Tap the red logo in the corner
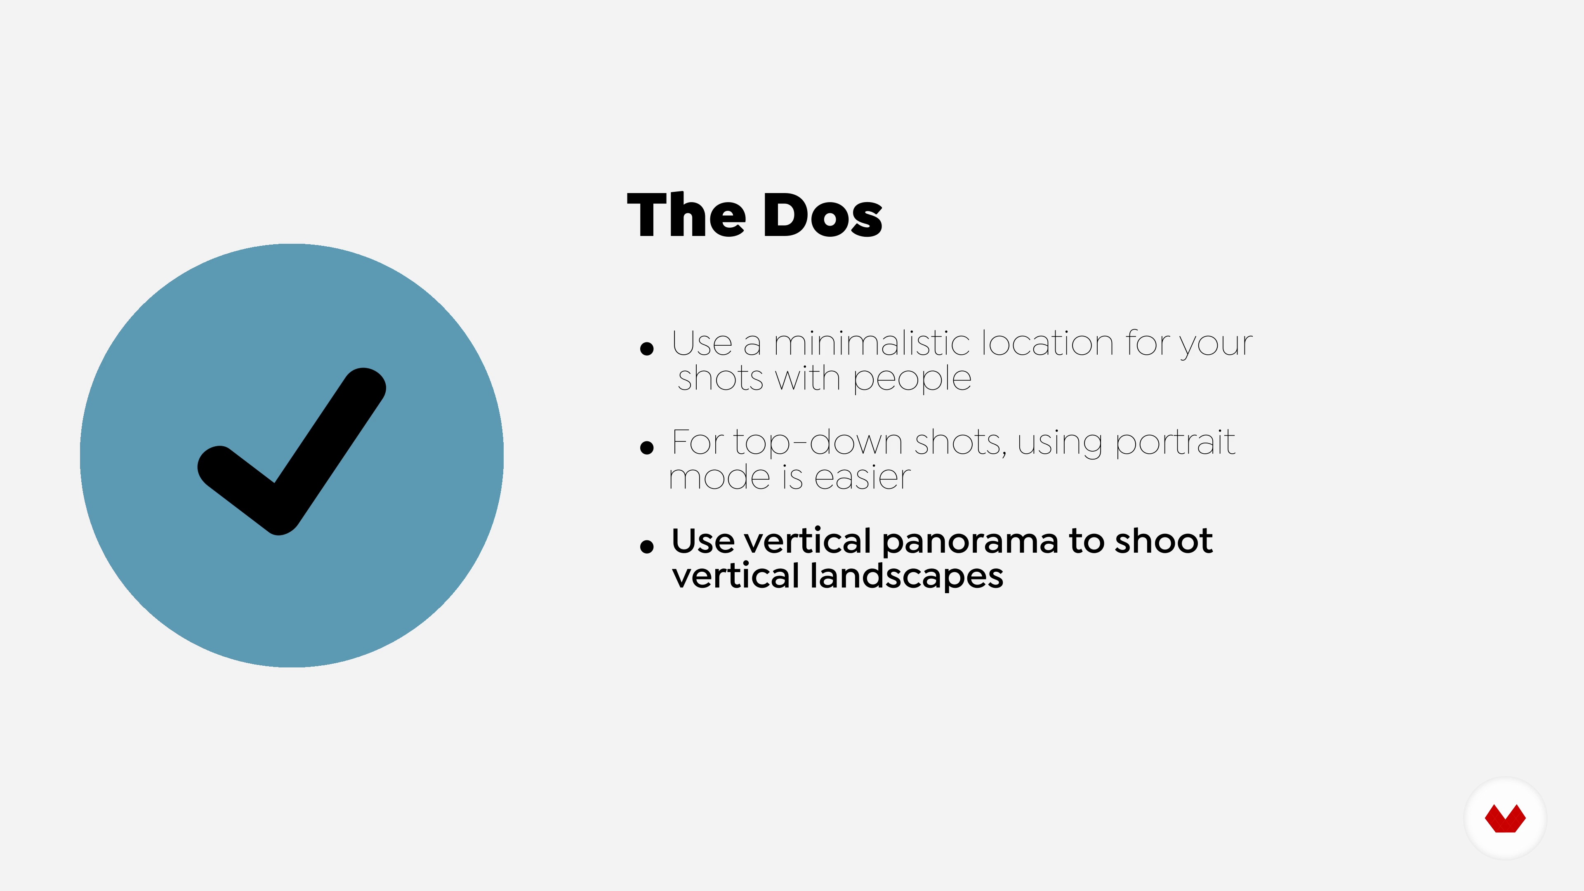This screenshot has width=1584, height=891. click(1505, 818)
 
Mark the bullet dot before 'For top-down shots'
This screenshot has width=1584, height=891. click(646, 448)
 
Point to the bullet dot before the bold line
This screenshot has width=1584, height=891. click(646, 546)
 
